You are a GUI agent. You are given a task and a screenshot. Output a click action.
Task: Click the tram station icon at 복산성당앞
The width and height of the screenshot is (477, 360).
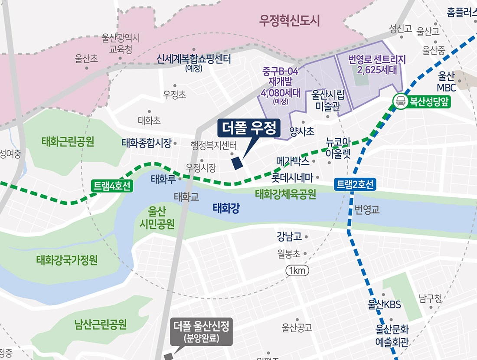click(x=399, y=101)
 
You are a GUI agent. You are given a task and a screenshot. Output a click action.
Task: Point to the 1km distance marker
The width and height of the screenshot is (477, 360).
click(x=297, y=271)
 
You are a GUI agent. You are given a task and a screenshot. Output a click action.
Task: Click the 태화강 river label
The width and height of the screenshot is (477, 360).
click(x=226, y=209)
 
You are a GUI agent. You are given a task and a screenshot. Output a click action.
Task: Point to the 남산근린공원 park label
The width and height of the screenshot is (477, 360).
click(x=100, y=324)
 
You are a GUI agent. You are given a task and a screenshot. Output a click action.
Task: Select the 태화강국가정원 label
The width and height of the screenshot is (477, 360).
click(x=67, y=260)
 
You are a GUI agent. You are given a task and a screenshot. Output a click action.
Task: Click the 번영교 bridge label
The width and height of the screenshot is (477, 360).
click(x=367, y=210)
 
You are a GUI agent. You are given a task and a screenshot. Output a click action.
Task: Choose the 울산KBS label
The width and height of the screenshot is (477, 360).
click(x=384, y=304)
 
